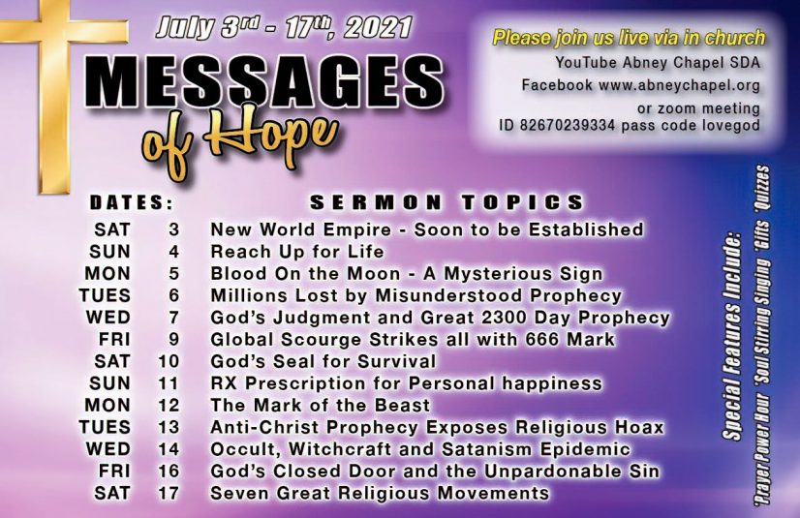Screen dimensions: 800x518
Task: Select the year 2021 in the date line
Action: [378, 28]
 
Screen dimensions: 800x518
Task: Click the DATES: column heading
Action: [132, 203]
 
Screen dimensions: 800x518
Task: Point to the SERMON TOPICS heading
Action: [446, 202]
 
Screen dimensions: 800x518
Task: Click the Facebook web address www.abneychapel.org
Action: [679, 85]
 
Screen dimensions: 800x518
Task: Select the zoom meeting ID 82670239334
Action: [567, 125]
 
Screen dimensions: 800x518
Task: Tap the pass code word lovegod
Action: [729, 125]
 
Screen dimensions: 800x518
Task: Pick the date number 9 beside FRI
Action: [174, 339]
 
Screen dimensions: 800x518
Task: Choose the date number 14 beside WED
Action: [169, 449]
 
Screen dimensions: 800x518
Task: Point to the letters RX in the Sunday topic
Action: [224, 383]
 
